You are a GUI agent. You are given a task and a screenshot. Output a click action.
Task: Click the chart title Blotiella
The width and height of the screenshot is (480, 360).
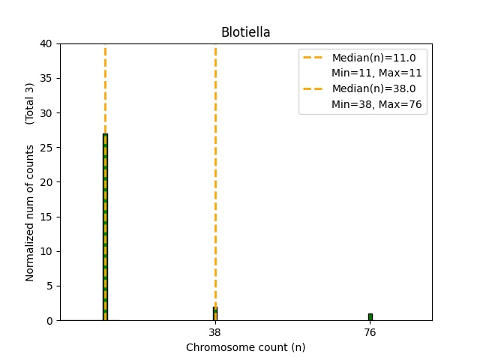tap(245, 32)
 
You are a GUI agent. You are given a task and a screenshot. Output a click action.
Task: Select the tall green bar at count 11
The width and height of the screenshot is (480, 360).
tap(105, 225)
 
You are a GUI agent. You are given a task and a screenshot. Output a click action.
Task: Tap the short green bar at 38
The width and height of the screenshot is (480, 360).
tap(215, 313)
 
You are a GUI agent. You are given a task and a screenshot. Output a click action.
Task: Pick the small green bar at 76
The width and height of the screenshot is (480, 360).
tap(370, 316)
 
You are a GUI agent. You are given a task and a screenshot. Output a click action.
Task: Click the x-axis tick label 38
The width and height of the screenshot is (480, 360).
tap(215, 331)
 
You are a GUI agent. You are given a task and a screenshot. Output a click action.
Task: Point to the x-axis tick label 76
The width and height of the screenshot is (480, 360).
tap(370, 331)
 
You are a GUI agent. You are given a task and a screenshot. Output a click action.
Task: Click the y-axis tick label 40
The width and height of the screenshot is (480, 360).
tap(46, 43)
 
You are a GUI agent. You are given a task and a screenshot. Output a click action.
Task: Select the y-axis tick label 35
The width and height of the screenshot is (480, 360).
tap(46, 78)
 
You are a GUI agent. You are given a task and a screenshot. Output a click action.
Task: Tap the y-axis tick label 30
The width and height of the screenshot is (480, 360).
tap(46, 113)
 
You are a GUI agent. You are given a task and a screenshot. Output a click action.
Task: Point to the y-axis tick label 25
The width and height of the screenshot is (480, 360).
tap(46, 148)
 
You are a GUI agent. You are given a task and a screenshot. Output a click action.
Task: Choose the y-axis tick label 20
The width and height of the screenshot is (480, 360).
tap(46, 182)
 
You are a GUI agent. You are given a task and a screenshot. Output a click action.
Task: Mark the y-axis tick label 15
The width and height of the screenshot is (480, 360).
tap(46, 217)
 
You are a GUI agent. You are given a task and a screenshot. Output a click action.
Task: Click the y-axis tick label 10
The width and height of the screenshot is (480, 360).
tap(46, 251)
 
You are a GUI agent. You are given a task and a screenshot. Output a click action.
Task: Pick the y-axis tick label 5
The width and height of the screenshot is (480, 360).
tap(49, 286)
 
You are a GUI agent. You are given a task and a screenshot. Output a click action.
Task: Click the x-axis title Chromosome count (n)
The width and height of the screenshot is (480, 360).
tap(245, 347)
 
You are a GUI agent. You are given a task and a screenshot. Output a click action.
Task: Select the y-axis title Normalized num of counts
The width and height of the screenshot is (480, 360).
tap(30, 213)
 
